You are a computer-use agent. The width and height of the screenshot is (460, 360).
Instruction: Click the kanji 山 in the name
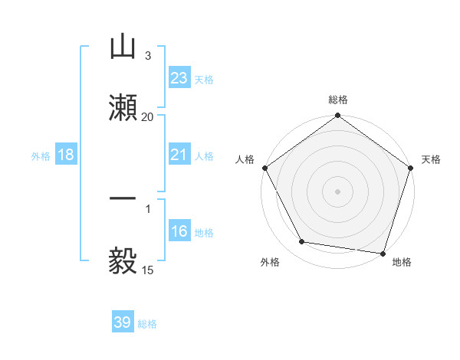pyautogui.click(x=123, y=47)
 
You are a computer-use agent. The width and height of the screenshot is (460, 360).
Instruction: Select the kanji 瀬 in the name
pyautogui.click(x=123, y=106)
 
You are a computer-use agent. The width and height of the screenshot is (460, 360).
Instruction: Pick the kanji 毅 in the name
pyautogui.click(x=123, y=260)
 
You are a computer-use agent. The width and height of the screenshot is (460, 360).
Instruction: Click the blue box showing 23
pyautogui.click(x=179, y=77)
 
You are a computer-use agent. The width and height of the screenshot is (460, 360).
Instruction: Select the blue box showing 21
pyautogui.click(x=179, y=155)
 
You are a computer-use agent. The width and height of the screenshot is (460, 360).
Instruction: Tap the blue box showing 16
pyautogui.click(x=179, y=232)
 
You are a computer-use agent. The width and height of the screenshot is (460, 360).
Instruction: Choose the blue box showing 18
pyautogui.click(x=66, y=155)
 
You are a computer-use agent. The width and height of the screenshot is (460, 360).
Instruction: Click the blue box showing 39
pyautogui.click(x=123, y=322)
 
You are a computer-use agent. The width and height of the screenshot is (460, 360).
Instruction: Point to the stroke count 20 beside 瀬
pyautogui.click(x=147, y=117)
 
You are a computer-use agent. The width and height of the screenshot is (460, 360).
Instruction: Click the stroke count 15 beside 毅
pyautogui.click(x=147, y=270)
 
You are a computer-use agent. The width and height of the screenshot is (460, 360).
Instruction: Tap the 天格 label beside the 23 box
pyautogui.click(x=204, y=79)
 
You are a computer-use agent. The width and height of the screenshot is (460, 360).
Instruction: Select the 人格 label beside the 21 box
pyautogui.click(x=204, y=156)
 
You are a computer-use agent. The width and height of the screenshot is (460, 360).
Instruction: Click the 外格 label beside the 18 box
pyautogui.click(x=41, y=156)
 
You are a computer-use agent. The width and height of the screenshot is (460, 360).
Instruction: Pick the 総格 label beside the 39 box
pyautogui.click(x=148, y=324)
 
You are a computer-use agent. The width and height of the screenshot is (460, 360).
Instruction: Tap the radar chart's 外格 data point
pyautogui.click(x=302, y=242)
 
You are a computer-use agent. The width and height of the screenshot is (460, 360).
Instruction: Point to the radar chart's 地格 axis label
pyautogui.click(x=402, y=263)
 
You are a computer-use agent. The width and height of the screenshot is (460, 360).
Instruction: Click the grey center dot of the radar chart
pyautogui.click(x=337, y=191)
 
